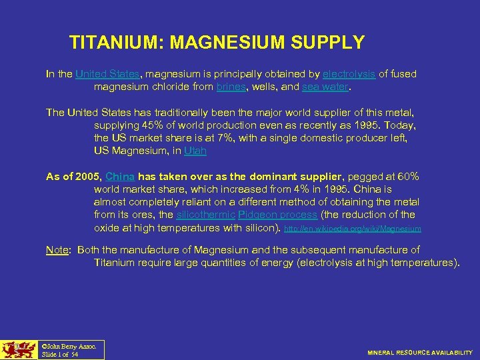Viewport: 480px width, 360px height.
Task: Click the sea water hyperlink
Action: click(325, 87)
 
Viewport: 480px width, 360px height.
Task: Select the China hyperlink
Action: click(120, 176)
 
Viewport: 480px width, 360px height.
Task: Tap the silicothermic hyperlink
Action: click(205, 215)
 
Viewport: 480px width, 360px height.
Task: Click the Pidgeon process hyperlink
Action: click(277, 215)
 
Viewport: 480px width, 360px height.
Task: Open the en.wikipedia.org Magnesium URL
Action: click(353, 229)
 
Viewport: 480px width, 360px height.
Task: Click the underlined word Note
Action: click(57, 249)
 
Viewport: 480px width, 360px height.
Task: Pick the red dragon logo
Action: click(18, 349)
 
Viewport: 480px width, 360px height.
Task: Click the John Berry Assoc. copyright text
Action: click(69, 346)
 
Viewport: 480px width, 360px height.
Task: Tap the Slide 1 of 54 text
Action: click(60, 354)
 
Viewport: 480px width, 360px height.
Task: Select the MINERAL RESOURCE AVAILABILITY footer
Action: click(420, 352)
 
